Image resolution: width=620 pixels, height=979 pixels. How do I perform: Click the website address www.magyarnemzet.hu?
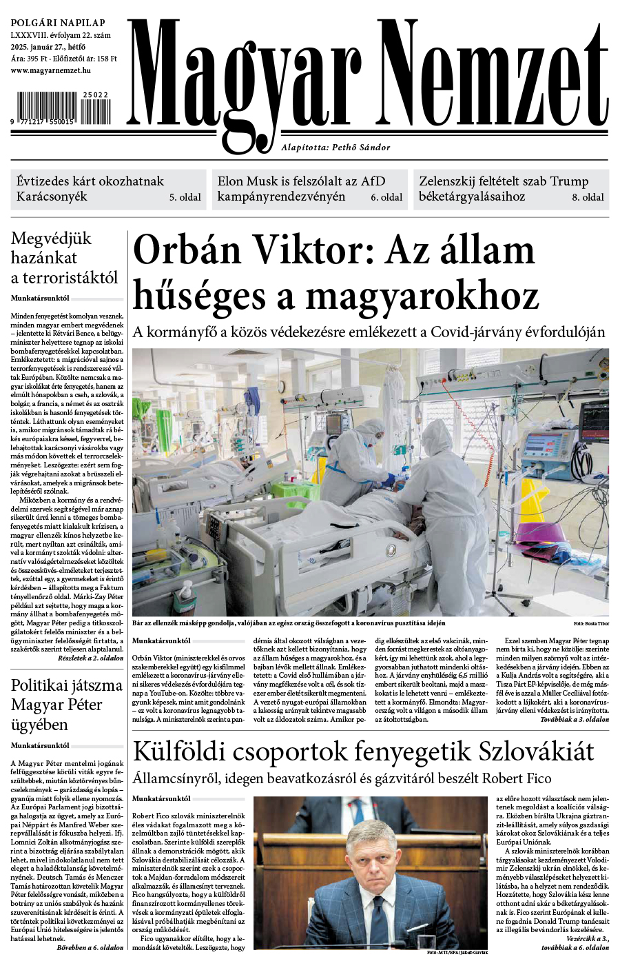coord(51,70)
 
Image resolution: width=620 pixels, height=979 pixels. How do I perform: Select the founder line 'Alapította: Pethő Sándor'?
coord(335,147)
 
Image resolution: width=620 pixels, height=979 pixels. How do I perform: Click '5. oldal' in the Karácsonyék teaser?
coord(185,197)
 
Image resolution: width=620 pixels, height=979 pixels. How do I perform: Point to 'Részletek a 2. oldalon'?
coord(90,658)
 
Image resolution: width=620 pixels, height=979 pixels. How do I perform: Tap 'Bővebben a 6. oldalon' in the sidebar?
coord(90,947)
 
